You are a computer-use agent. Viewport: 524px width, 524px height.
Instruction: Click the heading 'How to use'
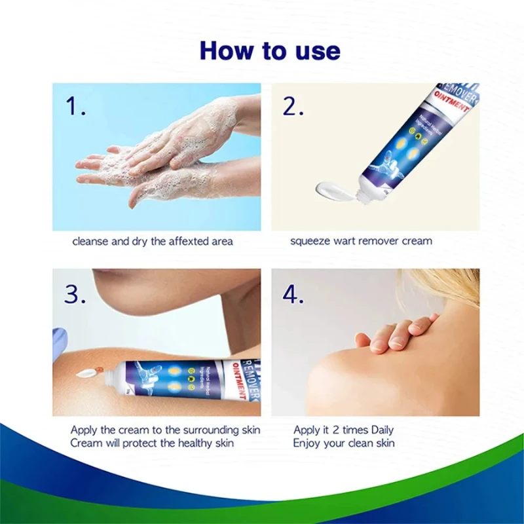click(270, 50)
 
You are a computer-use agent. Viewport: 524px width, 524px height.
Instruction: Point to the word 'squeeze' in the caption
click(310, 241)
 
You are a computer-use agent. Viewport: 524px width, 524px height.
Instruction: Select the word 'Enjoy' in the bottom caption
click(307, 443)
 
